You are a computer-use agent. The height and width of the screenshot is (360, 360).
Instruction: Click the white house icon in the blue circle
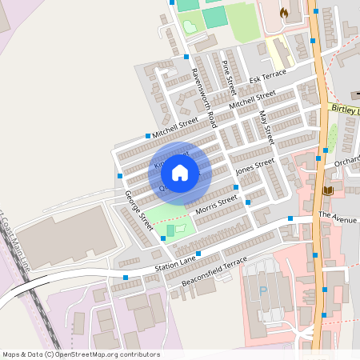180,173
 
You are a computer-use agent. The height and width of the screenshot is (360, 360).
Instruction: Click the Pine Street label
229,74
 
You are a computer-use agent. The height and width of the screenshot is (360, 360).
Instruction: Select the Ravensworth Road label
203,97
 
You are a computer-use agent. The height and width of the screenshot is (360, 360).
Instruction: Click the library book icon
328,190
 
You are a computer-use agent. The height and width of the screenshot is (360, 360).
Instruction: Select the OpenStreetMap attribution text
80,354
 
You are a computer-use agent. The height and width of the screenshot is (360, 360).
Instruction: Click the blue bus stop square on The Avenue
290,218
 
